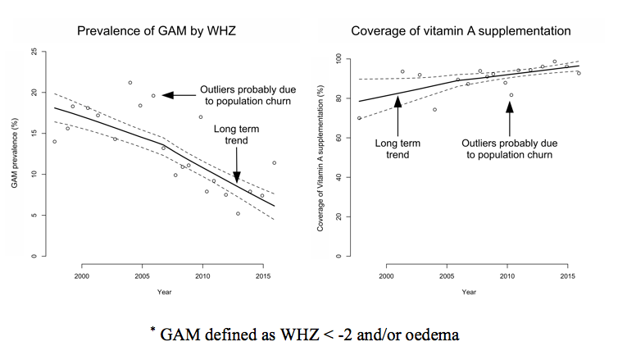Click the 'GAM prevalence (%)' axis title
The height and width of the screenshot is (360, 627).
[16, 154]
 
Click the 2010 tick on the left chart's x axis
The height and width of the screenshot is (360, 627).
[201, 275]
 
